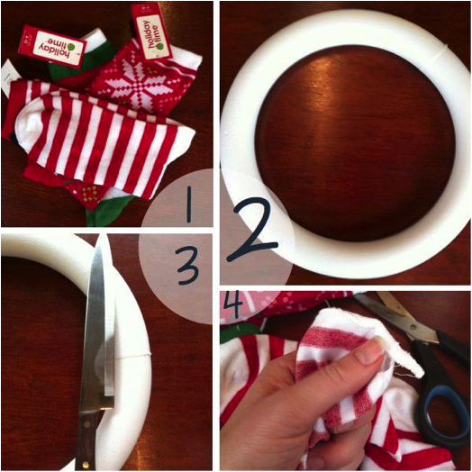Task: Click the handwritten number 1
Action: tap(189, 204)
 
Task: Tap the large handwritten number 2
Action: tap(252, 229)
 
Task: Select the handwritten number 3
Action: tap(188, 266)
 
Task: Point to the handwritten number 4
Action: tap(233, 304)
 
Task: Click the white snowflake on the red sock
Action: tap(139, 81)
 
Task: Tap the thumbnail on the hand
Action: tap(368, 350)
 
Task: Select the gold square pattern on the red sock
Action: tap(89, 194)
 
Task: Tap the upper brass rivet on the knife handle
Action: tap(86, 425)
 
